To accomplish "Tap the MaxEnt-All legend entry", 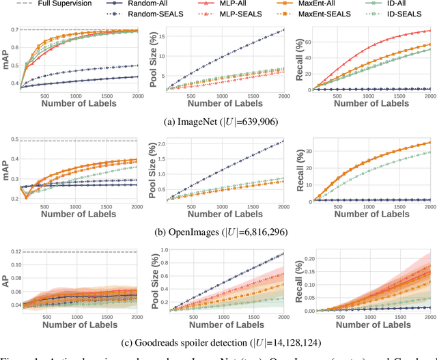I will [320, 4].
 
